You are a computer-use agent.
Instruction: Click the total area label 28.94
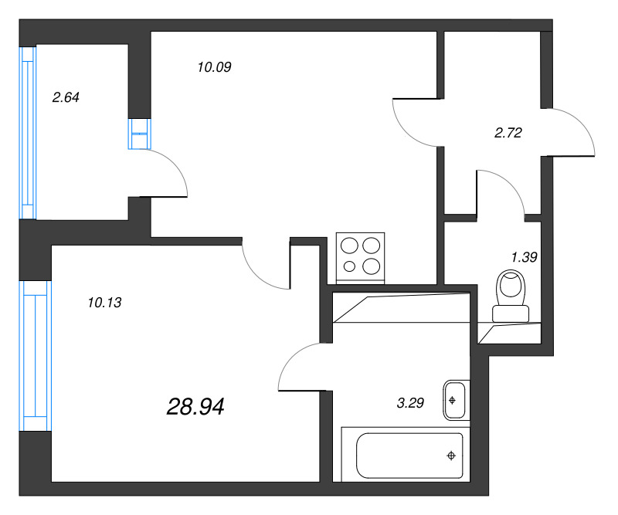coord(195,406)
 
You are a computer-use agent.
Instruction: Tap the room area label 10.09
coord(215,67)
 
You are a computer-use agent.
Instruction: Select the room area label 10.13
coord(104,303)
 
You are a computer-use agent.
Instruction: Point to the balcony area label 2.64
coord(66,97)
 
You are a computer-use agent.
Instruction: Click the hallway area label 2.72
coord(508,132)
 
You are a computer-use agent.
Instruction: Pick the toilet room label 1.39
coord(525,257)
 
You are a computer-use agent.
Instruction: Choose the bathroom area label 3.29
coord(410,401)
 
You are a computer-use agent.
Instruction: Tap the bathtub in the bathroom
coord(409,456)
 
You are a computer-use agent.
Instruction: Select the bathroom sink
coord(454,399)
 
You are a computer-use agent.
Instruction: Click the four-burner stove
coord(362,257)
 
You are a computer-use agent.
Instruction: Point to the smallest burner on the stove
coord(350,267)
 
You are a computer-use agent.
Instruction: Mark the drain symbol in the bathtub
coord(450,456)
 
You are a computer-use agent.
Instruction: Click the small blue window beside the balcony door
coord(139,134)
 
